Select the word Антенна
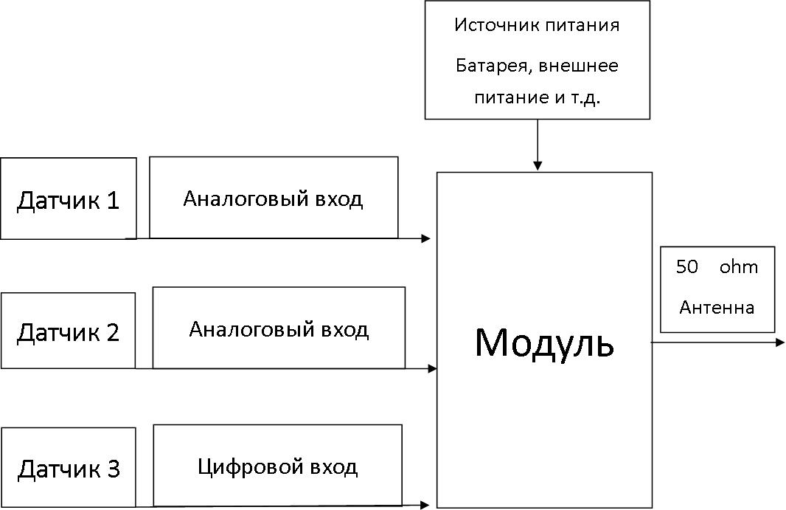(x=717, y=307)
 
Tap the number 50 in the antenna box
(x=686, y=266)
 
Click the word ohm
(x=739, y=266)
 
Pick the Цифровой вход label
(x=278, y=467)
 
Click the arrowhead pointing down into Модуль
(x=538, y=166)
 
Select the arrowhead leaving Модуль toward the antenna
(x=780, y=342)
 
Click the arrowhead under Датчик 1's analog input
(x=426, y=238)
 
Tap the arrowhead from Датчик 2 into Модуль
(x=432, y=369)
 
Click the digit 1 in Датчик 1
(x=114, y=200)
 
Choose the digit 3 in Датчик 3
(x=114, y=469)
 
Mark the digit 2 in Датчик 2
(x=113, y=332)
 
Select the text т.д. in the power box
(x=585, y=97)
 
